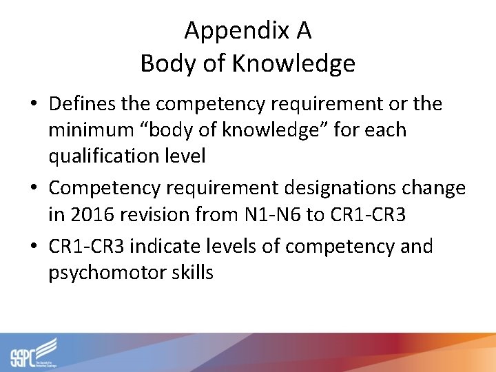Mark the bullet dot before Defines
pyautogui.click(x=34, y=105)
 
